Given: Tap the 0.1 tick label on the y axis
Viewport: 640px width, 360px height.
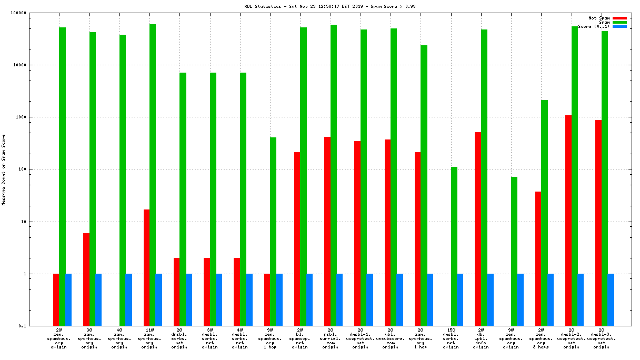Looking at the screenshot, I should (37, 326).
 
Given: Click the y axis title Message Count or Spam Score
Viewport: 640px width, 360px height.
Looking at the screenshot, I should (4, 169).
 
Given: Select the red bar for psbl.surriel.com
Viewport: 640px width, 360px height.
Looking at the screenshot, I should (327, 232).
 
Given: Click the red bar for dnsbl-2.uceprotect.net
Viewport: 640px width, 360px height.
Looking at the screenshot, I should (568, 221).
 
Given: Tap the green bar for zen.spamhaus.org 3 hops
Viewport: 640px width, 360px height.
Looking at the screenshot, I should (545, 213).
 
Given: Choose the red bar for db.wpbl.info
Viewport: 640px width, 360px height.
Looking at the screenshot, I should (478, 229).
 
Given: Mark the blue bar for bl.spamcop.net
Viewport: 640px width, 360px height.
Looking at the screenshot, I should (309, 300).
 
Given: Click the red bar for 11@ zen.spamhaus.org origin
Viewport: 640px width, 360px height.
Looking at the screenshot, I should (147, 268).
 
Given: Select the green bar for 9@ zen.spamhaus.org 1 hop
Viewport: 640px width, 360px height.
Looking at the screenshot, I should (273, 232).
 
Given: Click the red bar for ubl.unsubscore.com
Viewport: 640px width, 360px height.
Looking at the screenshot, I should (387, 233).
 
